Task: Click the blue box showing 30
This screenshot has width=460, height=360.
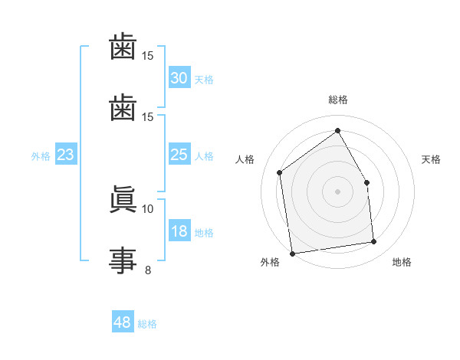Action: pyautogui.click(x=179, y=78)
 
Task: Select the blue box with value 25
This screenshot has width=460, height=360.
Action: pyautogui.click(x=179, y=155)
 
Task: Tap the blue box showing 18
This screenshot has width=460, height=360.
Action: pyautogui.click(x=179, y=231)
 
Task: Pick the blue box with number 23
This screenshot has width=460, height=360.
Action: pyautogui.click(x=66, y=155)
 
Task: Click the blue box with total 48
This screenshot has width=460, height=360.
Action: pyautogui.click(x=123, y=322)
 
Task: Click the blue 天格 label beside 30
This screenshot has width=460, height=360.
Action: pyautogui.click(x=204, y=80)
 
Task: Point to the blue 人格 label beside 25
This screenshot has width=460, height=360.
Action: pyautogui.click(x=204, y=156)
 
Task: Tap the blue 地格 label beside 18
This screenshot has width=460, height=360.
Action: pyautogui.click(x=204, y=233)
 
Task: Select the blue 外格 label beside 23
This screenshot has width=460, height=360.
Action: pyautogui.click(x=41, y=156)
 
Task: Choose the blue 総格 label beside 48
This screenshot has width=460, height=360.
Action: pyautogui.click(x=147, y=324)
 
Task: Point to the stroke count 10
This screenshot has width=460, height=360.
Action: pyautogui.click(x=148, y=208)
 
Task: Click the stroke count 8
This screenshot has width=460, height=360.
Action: pyautogui.click(x=148, y=270)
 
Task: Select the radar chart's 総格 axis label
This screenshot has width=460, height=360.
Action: pyautogui.click(x=338, y=100)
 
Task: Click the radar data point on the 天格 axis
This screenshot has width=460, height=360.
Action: pyautogui.click(x=366, y=182)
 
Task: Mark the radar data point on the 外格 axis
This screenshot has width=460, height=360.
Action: pyautogui.click(x=292, y=254)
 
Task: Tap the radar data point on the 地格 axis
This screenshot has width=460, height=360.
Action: pyautogui.click(x=374, y=242)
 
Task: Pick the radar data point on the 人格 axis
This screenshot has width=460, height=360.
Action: pyautogui.click(x=280, y=172)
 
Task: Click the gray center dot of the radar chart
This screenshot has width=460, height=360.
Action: pyautogui.click(x=338, y=191)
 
